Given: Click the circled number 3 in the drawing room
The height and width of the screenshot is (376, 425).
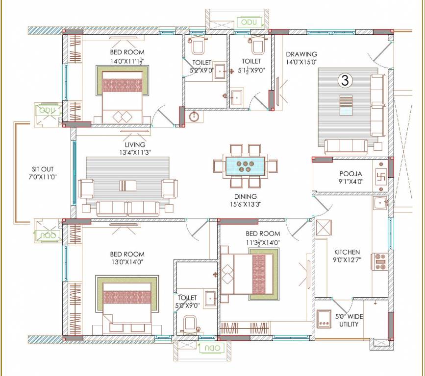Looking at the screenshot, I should tap(345, 81).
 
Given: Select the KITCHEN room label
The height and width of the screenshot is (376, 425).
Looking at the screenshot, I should tap(347, 252).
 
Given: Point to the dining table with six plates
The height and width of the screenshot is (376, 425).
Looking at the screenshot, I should tap(245, 165).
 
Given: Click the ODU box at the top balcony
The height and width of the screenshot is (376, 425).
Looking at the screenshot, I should tap(250, 22).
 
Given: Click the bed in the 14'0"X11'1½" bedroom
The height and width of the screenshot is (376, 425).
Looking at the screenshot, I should tap(122, 96).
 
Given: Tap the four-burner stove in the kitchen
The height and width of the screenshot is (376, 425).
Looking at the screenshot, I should tap(380, 262).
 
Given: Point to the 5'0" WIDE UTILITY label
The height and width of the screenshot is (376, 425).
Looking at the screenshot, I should tap(349, 320).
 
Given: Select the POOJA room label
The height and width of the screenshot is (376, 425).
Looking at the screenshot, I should tap(350, 174).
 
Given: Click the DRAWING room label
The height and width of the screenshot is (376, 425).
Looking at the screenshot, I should tap(301, 54).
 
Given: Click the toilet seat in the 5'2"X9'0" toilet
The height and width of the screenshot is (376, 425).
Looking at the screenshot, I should tap(199, 46).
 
